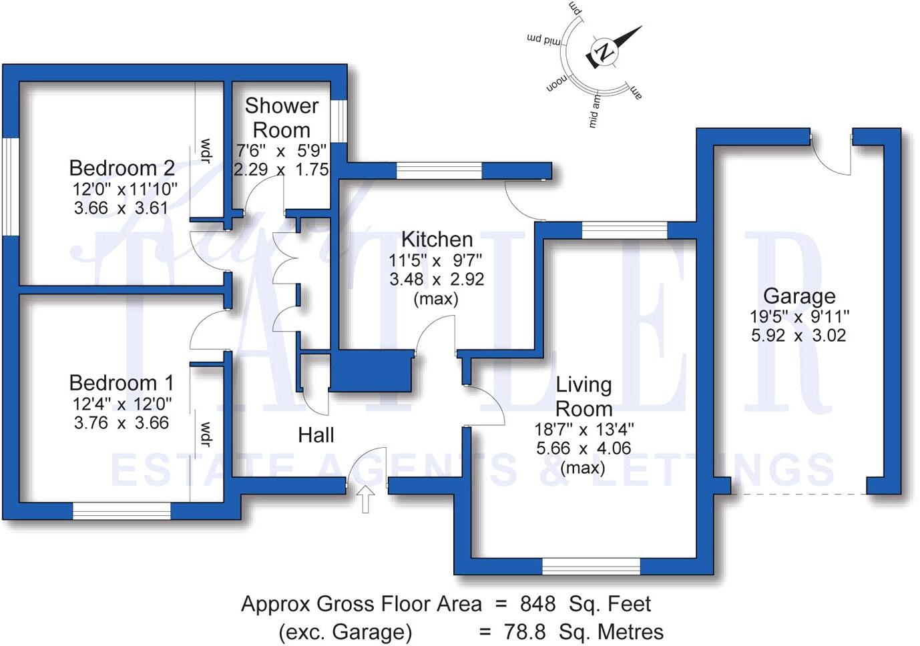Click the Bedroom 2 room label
[x=122, y=168]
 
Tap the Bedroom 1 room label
[x=121, y=383]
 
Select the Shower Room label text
[x=281, y=117]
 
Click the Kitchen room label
[x=437, y=239]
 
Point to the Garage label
[x=798, y=296]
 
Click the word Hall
[x=316, y=435]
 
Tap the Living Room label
[x=584, y=396]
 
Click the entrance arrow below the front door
[x=365, y=499]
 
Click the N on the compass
[x=605, y=52]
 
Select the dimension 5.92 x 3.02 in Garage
[x=798, y=335]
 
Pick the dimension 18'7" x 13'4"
[x=584, y=429]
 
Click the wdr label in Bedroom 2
[x=206, y=151]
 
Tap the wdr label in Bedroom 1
[x=206, y=434]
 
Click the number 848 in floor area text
[x=537, y=604]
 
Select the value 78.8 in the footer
[x=525, y=631]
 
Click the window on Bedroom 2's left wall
[x=10, y=186]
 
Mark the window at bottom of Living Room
[x=591, y=567]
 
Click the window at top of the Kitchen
[x=439, y=172]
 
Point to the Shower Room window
[x=339, y=121]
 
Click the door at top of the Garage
[x=832, y=153]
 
